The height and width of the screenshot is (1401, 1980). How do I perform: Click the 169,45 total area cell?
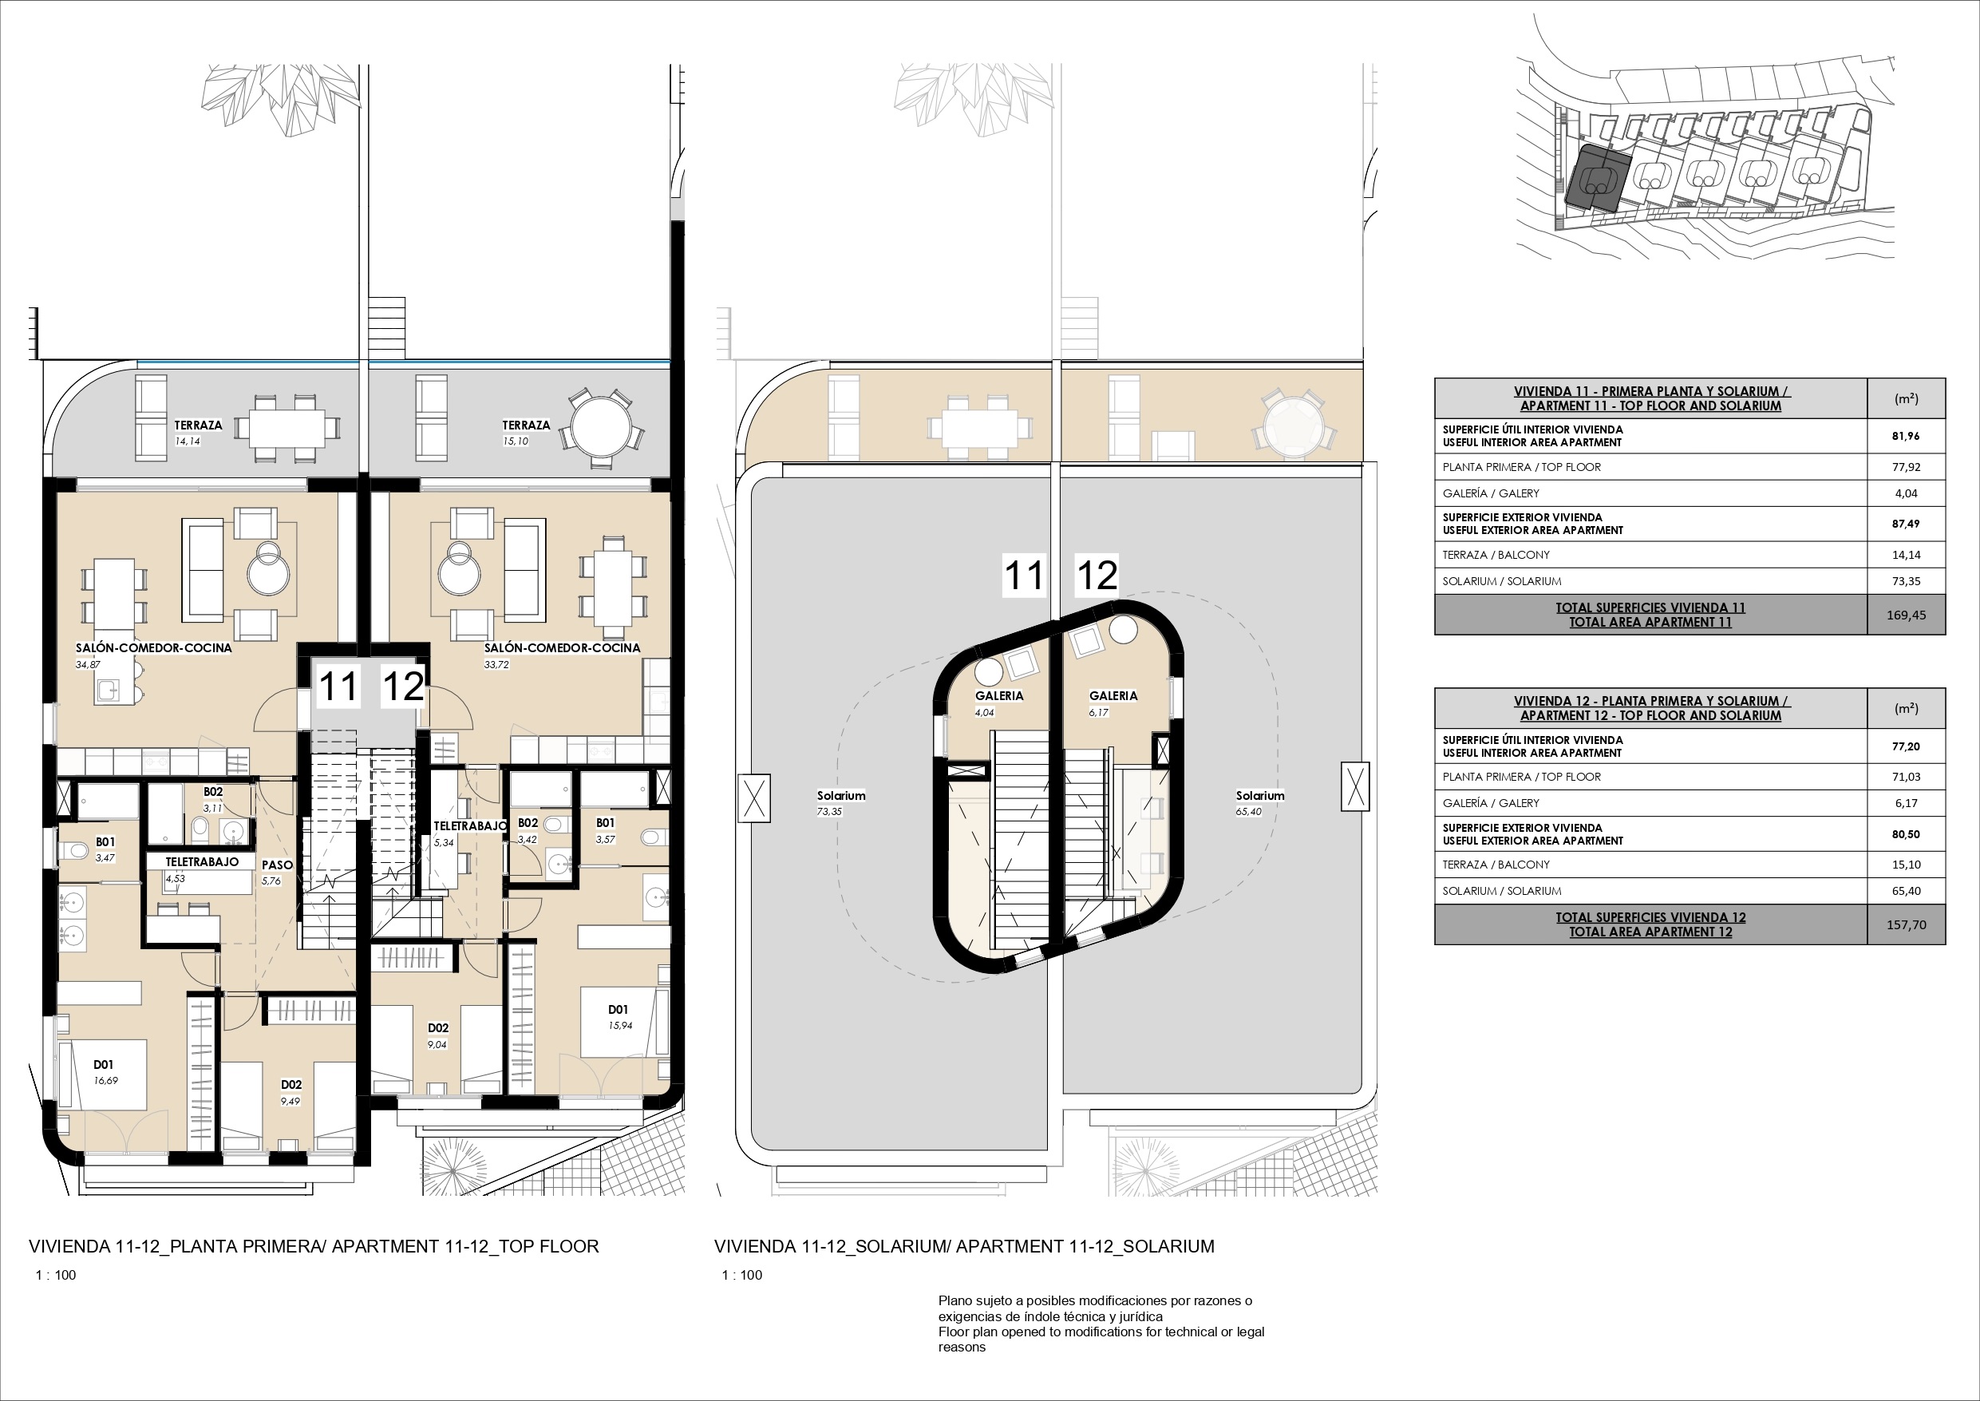[x=1906, y=615]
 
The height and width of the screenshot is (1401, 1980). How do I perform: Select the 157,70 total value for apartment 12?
[x=1906, y=924]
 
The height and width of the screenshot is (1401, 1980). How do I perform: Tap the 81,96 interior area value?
[x=1906, y=436]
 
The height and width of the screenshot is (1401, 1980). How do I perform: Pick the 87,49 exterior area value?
[x=1906, y=524]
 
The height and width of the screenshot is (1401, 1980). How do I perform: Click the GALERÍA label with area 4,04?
[x=998, y=695]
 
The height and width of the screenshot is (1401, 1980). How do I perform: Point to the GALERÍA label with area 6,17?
[x=1113, y=695]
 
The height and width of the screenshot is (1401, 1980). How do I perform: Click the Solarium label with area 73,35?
[x=841, y=795]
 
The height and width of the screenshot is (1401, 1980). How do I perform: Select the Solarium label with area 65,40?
[x=1260, y=795]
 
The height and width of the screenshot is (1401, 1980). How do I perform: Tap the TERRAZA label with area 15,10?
[x=526, y=425]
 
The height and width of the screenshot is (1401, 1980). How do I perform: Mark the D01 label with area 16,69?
[x=104, y=1065]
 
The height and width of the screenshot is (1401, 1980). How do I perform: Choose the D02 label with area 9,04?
[x=438, y=1027]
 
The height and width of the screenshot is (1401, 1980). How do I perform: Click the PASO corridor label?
[x=277, y=865]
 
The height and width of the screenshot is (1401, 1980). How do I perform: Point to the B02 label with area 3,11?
[x=213, y=792]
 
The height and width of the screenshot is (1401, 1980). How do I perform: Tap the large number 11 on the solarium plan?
[x=1025, y=576]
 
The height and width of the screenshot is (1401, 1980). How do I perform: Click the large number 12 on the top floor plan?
[x=403, y=687]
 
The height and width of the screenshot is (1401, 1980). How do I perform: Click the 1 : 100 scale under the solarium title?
[x=742, y=1275]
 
